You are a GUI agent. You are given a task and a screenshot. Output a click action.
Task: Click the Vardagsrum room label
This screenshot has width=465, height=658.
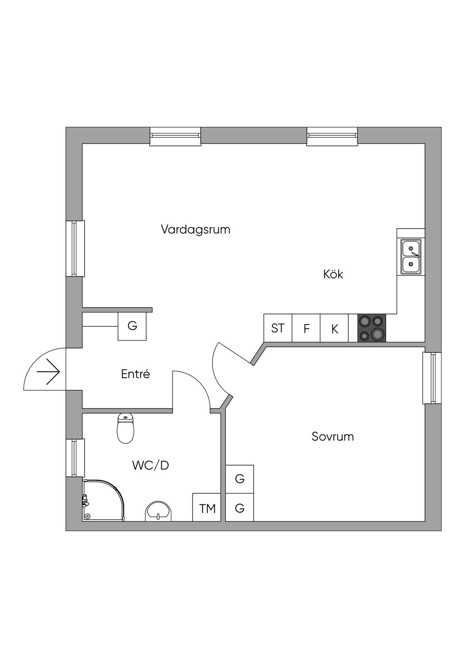coord(196,230)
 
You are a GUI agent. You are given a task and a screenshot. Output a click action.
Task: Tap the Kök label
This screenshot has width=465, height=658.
coord(333,274)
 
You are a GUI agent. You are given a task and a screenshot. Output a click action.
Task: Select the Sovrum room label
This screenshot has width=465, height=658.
coord(332,437)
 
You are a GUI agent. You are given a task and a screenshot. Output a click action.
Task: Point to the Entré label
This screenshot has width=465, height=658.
coord(136,374)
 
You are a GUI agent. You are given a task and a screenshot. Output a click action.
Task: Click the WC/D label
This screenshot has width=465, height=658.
coord(151,465)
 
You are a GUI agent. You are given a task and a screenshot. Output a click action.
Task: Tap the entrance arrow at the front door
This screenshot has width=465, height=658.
coord(49,372)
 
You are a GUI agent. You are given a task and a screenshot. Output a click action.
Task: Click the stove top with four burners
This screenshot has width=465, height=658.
coord(371,328)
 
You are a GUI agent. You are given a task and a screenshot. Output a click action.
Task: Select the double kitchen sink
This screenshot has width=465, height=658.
coord(411,256)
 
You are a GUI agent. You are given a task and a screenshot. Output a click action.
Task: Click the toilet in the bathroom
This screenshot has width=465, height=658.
coord(126,428)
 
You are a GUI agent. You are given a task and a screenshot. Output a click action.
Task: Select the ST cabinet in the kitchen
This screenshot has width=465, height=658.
coord(278,328)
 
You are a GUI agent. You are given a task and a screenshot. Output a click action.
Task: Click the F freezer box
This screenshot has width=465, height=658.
coord(306,328)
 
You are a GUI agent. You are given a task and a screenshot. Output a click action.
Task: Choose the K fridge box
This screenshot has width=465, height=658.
coord(334,328)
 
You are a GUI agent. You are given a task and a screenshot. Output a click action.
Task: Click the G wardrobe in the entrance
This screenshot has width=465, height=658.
coord(132,326)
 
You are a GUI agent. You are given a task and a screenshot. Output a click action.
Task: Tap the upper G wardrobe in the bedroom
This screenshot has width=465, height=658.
coord(240,479)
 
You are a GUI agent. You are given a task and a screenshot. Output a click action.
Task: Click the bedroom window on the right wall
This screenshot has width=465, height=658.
coord(432,378)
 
